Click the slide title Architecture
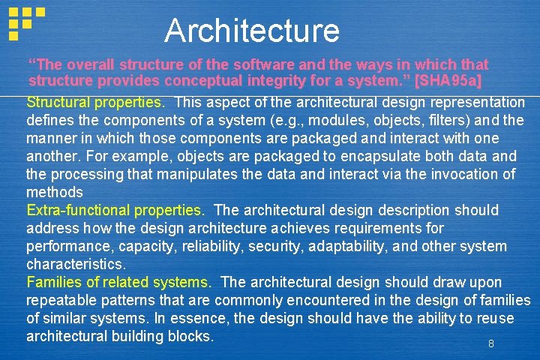pyautogui.click(x=252, y=31)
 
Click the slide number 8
pyautogui.click(x=491, y=343)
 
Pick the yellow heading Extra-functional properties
pyautogui.click(x=115, y=210)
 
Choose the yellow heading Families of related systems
pyautogui.click(x=118, y=282)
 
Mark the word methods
pyautogui.click(x=53, y=192)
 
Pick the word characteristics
pyautogui.click(x=75, y=264)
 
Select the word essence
pyautogui.click(x=201, y=318)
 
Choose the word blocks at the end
pyautogui.click(x=194, y=336)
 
